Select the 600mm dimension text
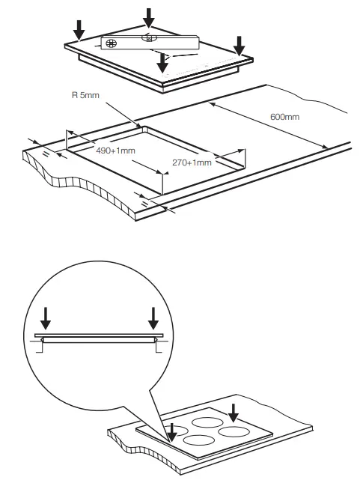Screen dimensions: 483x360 pos(284,117)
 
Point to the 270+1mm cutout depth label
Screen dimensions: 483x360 pos(192,162)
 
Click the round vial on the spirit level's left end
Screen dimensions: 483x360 pos(112,43)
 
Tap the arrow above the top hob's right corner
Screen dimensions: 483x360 pos(239,46)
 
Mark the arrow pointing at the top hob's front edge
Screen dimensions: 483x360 pos(162,63)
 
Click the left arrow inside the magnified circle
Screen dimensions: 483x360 pos(46,319)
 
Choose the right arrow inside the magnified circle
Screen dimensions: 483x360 pos(154,319)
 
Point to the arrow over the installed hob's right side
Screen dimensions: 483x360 pos(234,413)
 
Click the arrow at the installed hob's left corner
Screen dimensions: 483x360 pos(172,433)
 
